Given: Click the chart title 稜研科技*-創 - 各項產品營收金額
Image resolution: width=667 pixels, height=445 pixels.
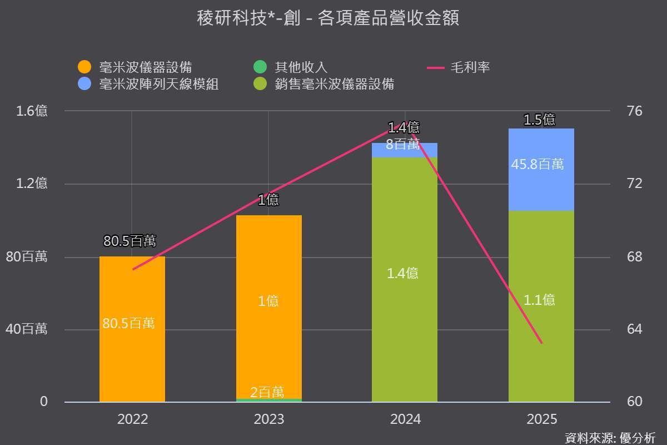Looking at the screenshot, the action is click(328, 18).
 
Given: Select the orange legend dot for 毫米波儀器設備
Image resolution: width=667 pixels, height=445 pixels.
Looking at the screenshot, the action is click(84, 67).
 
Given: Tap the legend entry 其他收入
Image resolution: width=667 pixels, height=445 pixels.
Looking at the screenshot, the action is click(290, 67).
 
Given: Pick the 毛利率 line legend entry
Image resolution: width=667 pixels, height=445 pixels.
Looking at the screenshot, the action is click(459, 67).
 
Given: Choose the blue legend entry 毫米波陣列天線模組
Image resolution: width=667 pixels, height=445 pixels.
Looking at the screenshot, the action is click(148, 84).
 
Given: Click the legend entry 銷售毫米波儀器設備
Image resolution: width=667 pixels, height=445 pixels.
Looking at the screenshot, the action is click(324, 84).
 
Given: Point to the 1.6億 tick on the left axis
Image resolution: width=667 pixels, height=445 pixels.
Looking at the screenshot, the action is click(32, 111).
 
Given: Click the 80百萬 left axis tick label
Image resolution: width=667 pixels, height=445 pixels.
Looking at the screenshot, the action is click(27, 256).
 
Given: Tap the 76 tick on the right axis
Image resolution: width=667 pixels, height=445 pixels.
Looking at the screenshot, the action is click(635, 111).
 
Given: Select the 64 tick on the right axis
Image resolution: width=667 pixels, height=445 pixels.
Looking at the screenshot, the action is click(635, 329).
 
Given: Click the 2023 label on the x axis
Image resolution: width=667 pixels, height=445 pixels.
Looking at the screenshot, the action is click(269, 419).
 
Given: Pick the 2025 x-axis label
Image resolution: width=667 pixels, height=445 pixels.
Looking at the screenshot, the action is click(541, 419).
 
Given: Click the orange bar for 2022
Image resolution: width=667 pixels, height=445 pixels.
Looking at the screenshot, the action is click(132, 329).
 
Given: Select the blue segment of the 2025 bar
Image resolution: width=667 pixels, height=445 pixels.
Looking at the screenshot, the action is click(541, 170).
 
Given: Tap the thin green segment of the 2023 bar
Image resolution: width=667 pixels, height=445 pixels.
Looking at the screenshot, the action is click(269, 400).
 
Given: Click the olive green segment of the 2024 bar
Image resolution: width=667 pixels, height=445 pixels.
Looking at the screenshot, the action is click(405, 280).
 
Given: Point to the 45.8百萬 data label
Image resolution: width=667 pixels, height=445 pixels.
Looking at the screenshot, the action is click(537, 164).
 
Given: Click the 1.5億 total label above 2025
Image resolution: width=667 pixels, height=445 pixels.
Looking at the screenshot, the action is click(539, 120).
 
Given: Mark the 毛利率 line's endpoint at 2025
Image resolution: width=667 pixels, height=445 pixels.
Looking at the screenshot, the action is click(542, 343).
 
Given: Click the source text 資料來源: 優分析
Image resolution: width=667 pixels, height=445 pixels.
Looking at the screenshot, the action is click(610, 438).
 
